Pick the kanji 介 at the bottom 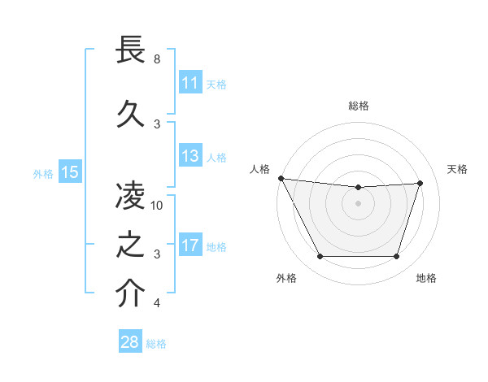pos(131,293)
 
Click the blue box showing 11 pos(190,83)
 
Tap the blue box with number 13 pos(190,156)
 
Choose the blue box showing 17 pos(190,245)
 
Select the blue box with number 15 pos(69,171)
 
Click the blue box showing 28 pos(130,342)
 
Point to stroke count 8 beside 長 pos(157,59)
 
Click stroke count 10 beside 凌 pos(157,206)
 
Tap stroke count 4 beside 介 pos(157,303)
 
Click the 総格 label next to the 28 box pos(156,344)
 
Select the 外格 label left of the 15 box pos(43,173)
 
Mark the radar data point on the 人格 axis pos(281,178)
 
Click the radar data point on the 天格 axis pos(420,183)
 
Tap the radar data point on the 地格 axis pos(396,257)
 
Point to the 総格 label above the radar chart pos(359,106)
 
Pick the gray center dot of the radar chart pos(358,203)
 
